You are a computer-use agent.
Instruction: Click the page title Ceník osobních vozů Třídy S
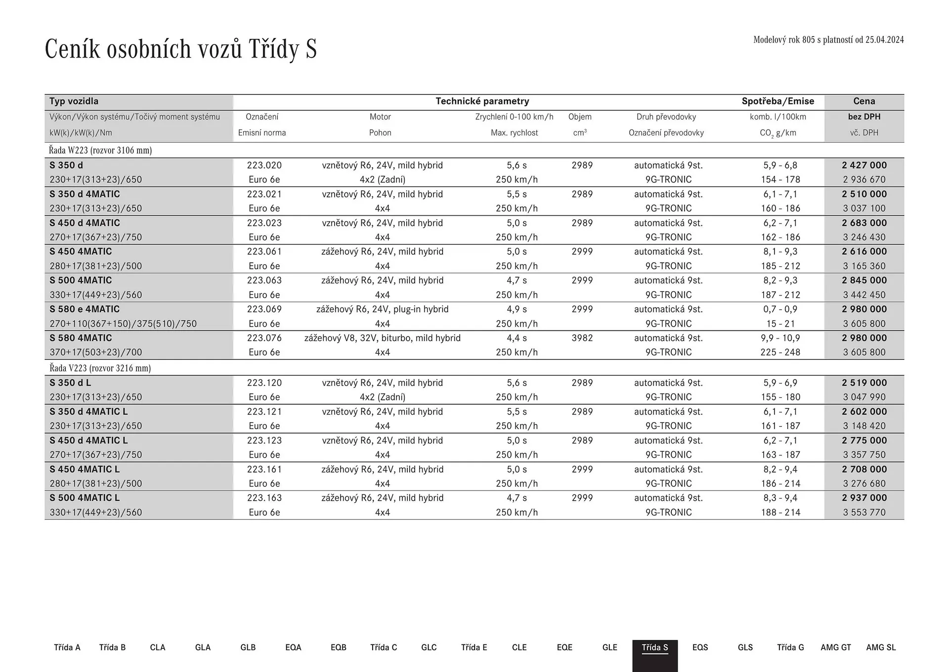(180, 49)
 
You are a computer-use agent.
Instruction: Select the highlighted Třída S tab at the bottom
(654, 648)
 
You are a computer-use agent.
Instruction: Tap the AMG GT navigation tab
(835, 648)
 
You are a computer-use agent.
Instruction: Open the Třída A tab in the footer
(67, 648)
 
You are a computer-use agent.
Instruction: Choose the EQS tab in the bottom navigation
(700, 648)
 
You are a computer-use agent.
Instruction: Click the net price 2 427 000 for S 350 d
(864, 165)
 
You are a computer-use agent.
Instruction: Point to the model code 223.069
(264, 309)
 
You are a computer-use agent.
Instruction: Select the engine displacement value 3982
(582, 338)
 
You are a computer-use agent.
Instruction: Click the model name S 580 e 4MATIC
(85, 309)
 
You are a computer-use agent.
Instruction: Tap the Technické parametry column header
(482, 101)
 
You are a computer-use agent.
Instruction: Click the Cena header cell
(864, 101)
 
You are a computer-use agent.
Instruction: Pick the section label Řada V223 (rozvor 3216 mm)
(100, 368)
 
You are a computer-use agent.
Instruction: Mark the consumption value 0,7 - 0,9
(780, 309)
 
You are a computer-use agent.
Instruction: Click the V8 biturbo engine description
(382, 338)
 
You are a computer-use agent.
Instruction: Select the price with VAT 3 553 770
(864, 513)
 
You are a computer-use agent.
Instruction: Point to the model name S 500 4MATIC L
(85, 498)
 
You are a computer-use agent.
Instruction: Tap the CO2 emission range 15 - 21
(780, 324)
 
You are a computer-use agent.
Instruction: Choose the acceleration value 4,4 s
(517, 338)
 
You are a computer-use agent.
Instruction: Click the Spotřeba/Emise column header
(777, 101)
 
